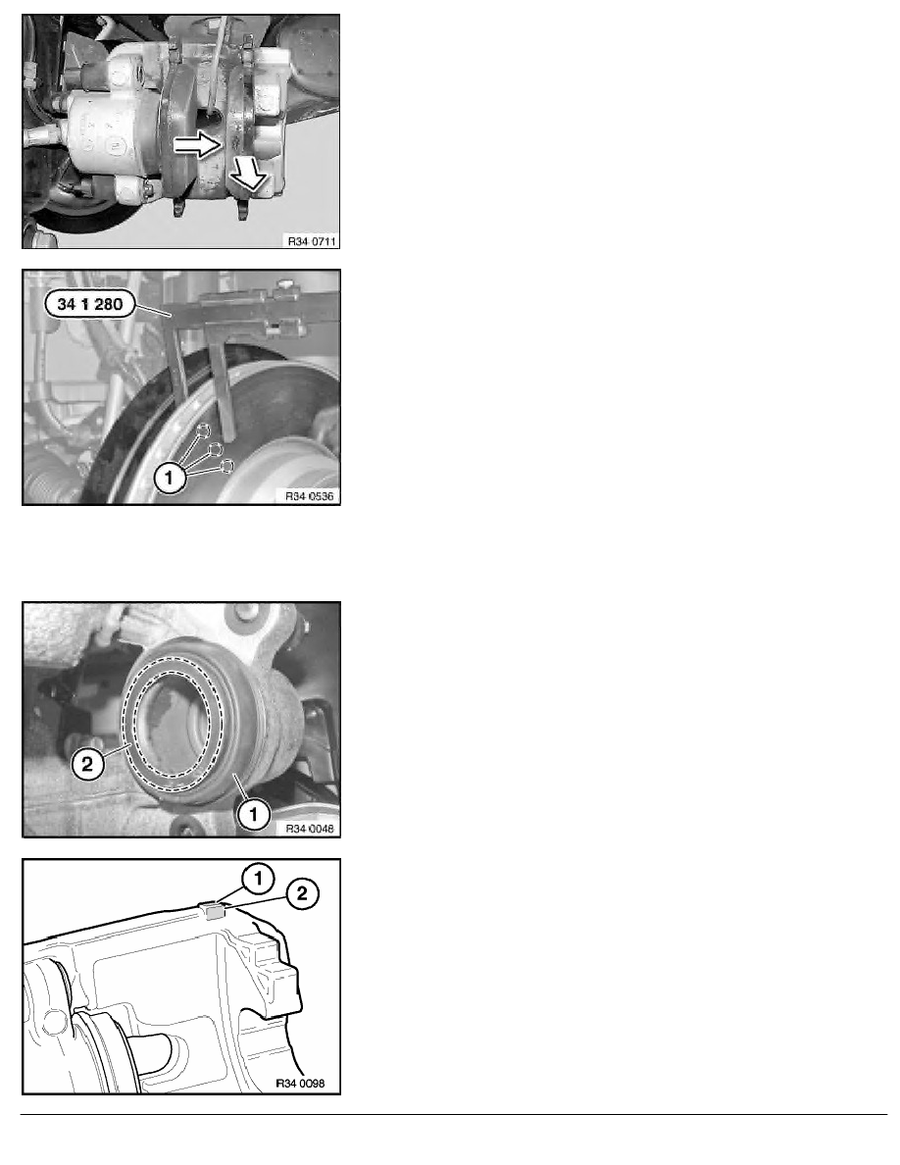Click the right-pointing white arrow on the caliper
coord(198,145)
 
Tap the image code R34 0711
coord(312,241)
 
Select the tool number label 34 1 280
coord(90,304)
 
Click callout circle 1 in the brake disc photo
coord(170,478)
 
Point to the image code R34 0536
coord(310,496)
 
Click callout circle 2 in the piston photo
coord(87,764)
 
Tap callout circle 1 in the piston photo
coord(253,814)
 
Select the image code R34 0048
coord(310,829)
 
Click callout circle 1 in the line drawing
coord(258,879)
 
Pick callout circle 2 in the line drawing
coord(302,893)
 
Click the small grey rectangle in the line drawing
coord(215,912)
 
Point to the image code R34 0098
coord(301,1084)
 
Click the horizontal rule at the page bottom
coord(454,1114)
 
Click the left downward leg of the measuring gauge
coord(178,363)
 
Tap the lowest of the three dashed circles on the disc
coord(227,466)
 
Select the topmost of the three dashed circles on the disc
coord(204,431)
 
